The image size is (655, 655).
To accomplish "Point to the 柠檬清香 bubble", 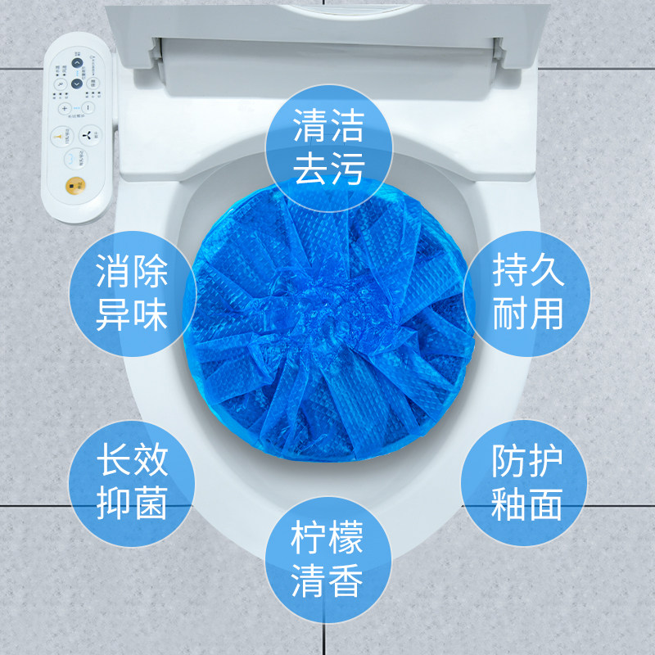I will coord(327,562).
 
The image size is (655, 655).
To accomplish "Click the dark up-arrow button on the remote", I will coord(76,62).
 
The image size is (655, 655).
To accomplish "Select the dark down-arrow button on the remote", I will coord(76,83).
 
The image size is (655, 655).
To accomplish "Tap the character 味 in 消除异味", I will coord(150,314).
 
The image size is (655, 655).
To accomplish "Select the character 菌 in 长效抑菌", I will coord(150,503).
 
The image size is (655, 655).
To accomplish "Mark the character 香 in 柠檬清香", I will coord(346,583).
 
